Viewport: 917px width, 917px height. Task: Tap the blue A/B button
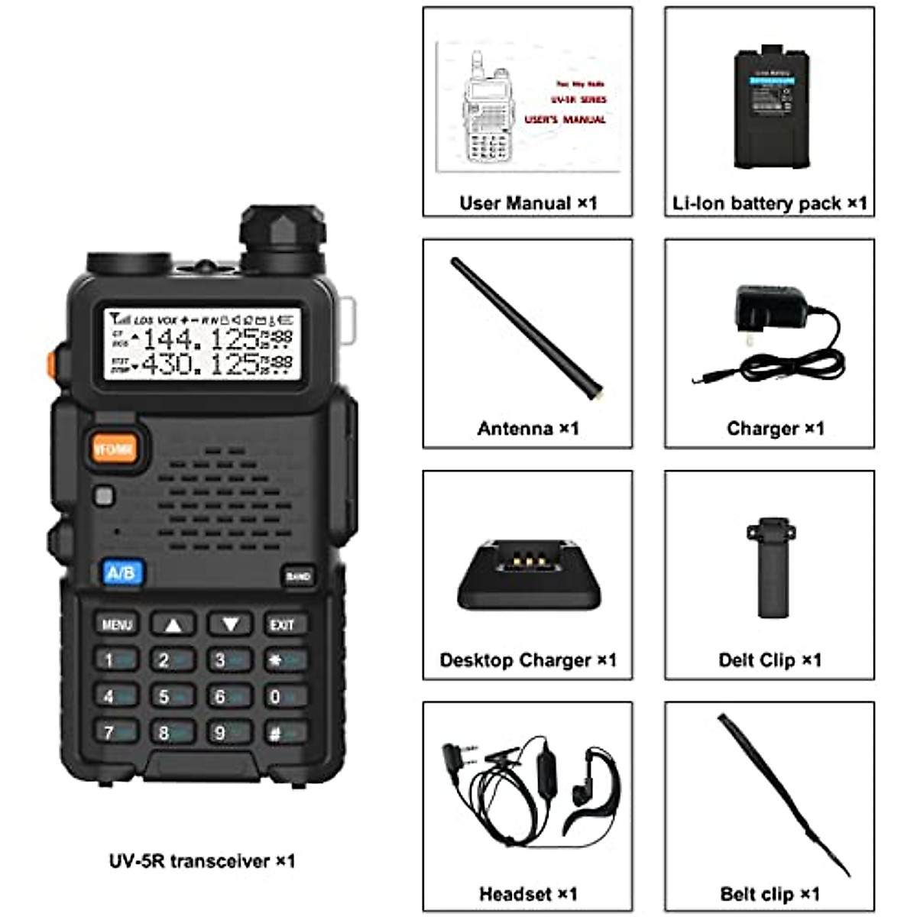coord(122,573)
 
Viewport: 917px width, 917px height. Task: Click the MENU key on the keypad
coord(117,624)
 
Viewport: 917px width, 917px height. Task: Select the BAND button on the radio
coord(298,576)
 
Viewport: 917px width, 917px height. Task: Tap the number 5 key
coord(171,696)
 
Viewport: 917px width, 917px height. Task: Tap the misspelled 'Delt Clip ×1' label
coord(770,660)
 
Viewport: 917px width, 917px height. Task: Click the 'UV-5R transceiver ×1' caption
coord(202,861)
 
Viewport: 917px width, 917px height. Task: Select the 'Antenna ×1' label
coord(528,429)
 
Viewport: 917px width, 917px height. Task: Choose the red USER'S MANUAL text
coord(565,120)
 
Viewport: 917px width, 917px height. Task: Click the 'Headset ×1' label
coord(528,893)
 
